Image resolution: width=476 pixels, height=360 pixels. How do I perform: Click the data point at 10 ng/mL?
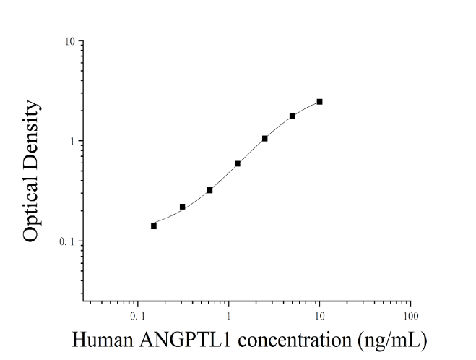coord(319,102)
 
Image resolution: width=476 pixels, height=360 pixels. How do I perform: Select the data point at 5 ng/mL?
coord(293,116)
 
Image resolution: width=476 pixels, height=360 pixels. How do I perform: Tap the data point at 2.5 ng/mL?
coord(264,139)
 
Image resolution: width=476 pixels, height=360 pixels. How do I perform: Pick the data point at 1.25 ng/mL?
coord(238,164)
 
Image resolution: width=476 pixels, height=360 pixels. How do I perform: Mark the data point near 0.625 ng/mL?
coord(209,190)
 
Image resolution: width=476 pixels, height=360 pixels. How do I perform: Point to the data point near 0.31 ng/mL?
coord(183,207)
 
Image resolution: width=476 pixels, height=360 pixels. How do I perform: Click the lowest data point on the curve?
coord(154,226)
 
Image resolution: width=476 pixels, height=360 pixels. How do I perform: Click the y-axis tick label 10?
coord(69,41)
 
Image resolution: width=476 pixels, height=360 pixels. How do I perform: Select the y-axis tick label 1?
coord(72,141)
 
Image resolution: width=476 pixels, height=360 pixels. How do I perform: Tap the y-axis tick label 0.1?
coord(67,242)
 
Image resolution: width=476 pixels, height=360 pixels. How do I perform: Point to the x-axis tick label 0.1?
coord(137,316)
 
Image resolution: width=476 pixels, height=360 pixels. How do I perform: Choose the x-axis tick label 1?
coord(228,316)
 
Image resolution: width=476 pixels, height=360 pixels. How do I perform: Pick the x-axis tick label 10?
coord(319,316)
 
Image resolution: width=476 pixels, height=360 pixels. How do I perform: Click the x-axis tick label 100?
coord(411,316)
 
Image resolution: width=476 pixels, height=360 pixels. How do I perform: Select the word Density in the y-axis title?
coord(32,133)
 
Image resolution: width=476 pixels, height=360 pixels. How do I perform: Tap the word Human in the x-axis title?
coord(103,340)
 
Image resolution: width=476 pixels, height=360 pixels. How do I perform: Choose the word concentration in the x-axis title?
coord(295,340)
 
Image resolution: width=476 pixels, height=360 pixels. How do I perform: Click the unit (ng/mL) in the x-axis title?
coord(393,340)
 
